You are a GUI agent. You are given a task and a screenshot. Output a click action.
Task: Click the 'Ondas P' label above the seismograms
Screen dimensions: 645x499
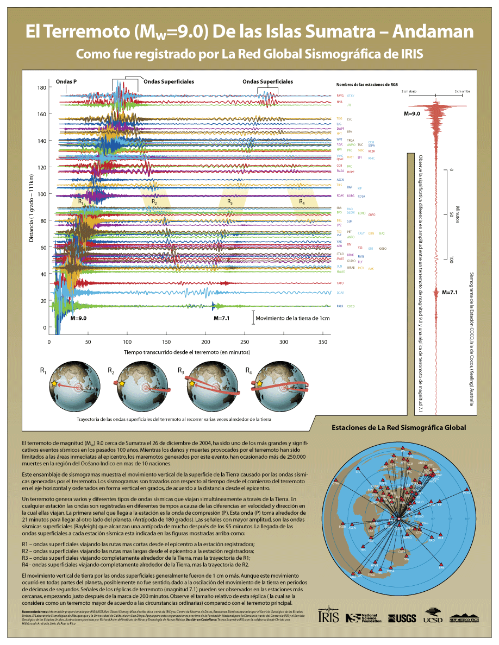[66, 81]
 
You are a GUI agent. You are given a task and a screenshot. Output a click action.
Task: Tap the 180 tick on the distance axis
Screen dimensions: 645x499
[42, 87]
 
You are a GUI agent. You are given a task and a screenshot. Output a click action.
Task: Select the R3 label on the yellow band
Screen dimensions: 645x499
[230, 202]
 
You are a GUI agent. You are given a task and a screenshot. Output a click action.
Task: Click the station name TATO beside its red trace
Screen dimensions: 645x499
[340, 283]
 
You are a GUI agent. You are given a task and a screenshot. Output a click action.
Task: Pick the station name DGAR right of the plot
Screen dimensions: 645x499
[340, 293]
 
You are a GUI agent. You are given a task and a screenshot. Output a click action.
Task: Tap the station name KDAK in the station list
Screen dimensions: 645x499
[340, 195]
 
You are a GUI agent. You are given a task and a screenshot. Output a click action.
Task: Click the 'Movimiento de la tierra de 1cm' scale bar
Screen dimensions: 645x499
[253, 318]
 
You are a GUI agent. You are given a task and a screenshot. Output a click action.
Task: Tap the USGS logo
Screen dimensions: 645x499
[402, 618]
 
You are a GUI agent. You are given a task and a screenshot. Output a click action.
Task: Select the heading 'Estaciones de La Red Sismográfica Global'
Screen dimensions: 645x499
[398, 427]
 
